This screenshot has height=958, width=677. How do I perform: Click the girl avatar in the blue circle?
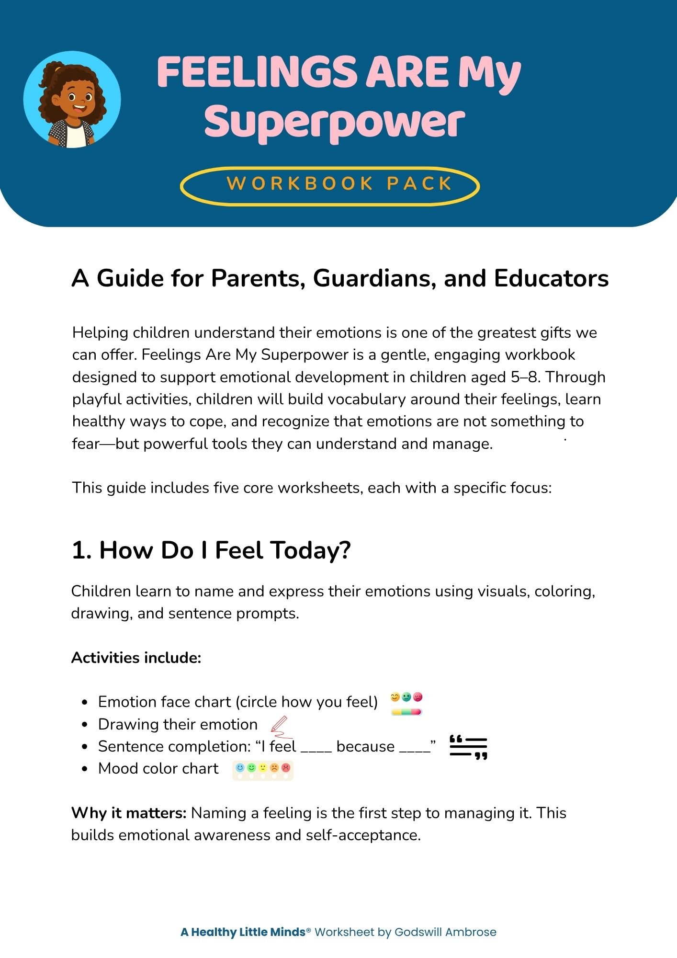(72, 100)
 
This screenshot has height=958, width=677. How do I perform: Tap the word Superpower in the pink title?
(334, 122)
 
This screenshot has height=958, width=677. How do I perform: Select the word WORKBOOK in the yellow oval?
(299, 184)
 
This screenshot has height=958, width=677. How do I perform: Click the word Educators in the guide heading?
(551, 278)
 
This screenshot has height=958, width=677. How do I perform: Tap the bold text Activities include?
(136, 658)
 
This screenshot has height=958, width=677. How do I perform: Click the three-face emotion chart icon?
(406, 703)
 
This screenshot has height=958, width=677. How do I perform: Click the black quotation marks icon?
(468, 747)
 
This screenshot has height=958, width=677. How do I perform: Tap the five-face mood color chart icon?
(263, 770)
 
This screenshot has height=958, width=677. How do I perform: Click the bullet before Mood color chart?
(85, 769)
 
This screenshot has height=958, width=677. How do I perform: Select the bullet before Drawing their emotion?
(85, 725)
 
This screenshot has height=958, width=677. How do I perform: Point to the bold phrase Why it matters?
(128, 813)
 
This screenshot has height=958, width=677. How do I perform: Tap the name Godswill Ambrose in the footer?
(445, 932)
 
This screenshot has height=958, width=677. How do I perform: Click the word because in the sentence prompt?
(365, 747)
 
